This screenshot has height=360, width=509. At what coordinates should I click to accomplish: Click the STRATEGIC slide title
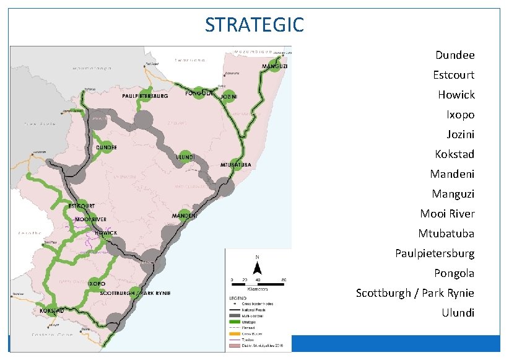pyautogui.click(x=254, y=25)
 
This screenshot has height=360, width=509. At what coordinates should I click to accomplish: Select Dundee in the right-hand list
pyautogui.click(x=455, y=55)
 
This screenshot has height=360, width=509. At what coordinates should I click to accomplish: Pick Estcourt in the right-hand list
pyautogui.click(x=453, y=75)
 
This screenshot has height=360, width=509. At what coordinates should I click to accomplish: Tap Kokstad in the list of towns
pyautogui.click(x=455, y=154)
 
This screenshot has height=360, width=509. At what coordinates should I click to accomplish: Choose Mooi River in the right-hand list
pyautogui.click(x=447, y=214)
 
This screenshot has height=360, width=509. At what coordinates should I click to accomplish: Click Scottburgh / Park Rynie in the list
pyautogui.click(x=415, y=293)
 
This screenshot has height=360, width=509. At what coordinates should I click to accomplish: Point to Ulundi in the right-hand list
pyautogui.click(x=458, y=313)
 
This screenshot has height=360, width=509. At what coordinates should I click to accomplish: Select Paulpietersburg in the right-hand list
pyautogui.click(x=435, y=253)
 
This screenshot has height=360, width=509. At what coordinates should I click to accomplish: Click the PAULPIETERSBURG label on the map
pyautogui.click(x=145, y=96)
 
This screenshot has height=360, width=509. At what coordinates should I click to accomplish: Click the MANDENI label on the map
pyautogui.click(x=185, y=216)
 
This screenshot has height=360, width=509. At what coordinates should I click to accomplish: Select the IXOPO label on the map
pyautogui.click(x=96, y=283)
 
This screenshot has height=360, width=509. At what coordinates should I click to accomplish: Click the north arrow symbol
pyautogui.click(x=258, y=266)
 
